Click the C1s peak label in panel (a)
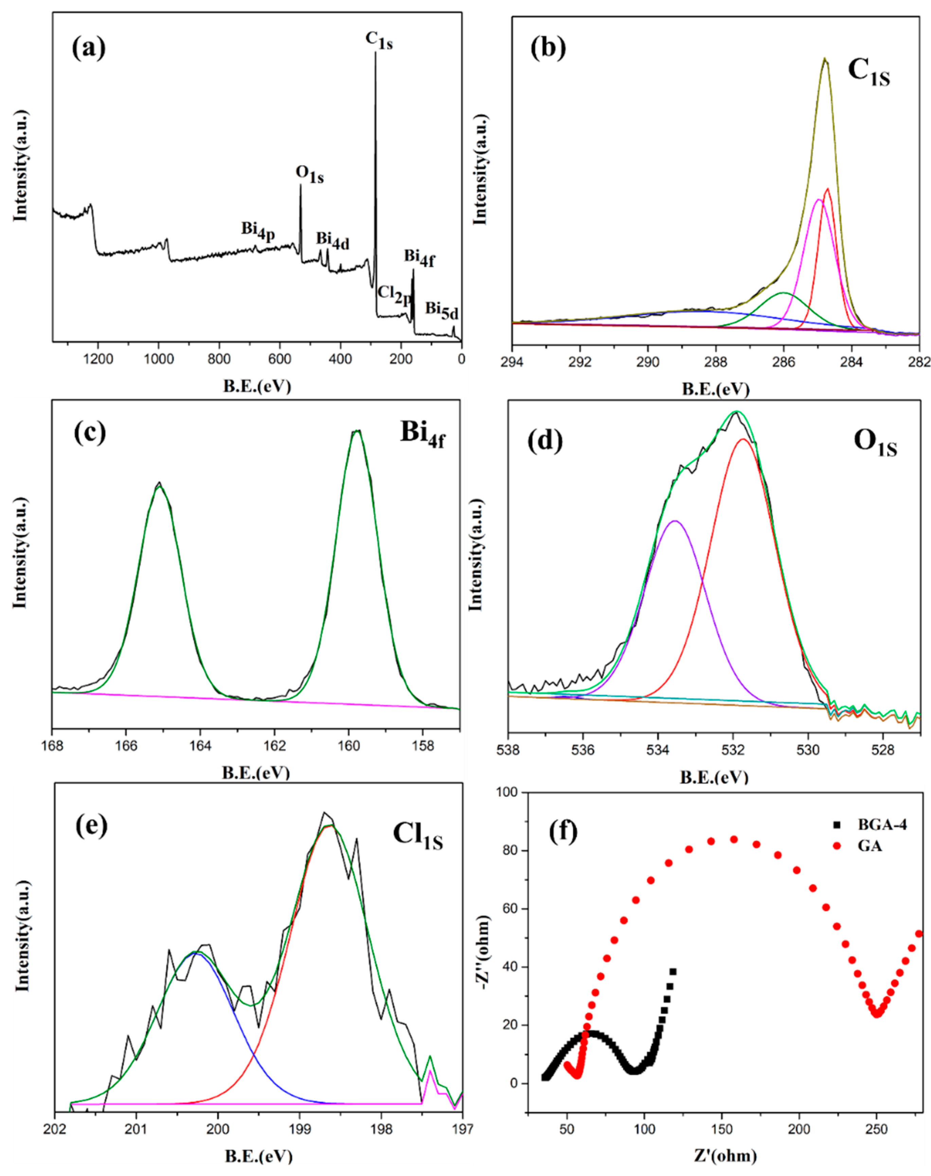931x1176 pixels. pos(379,40)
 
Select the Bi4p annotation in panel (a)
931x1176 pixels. pos(258,230)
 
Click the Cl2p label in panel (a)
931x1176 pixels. pos(394,294)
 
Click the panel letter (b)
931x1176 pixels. pos(548,48)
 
